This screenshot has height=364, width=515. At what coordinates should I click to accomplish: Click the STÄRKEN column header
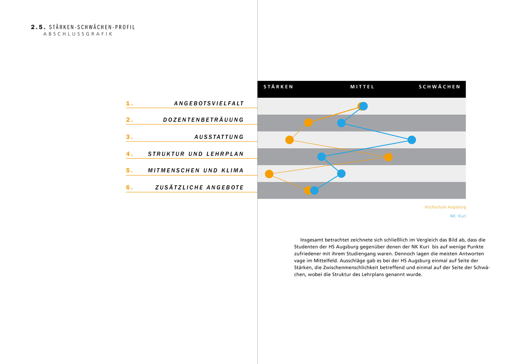pos(278,87)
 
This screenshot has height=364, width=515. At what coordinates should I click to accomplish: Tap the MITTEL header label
pos(362,87)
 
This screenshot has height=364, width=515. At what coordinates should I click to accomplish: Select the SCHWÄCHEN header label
pos(439,87)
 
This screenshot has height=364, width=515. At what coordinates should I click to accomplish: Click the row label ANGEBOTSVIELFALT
pos(209,104)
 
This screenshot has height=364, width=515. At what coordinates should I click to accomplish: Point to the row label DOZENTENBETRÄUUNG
pos(203,120)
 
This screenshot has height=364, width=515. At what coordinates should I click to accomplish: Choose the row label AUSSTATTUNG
pos(219,137)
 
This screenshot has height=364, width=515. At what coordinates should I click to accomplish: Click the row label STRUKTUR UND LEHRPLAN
pos(196,154)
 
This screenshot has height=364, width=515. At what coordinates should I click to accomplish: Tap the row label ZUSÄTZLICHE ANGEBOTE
pos(199,188)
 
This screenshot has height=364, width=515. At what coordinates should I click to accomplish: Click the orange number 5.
pos(129,171)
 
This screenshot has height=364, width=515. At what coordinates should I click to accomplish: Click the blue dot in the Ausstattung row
pos(412,140)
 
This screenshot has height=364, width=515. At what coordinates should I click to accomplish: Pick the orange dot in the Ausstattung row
pos(289,140)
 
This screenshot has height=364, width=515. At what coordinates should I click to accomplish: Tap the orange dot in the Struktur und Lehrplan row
pos(388,157)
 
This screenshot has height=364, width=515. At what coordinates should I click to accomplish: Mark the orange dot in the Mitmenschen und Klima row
pos(269,174)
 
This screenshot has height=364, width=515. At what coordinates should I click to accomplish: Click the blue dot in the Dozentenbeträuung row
pos(341,123)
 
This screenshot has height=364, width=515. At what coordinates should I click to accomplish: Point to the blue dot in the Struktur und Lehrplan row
pos(321,157)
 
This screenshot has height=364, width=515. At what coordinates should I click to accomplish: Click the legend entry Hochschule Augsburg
pos(445,207)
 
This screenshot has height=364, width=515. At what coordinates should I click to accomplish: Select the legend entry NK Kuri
pos(458,216)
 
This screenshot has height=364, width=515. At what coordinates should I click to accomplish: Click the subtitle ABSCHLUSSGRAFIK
pos(78,34)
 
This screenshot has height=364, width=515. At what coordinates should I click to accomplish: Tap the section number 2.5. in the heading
pos(38,27)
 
